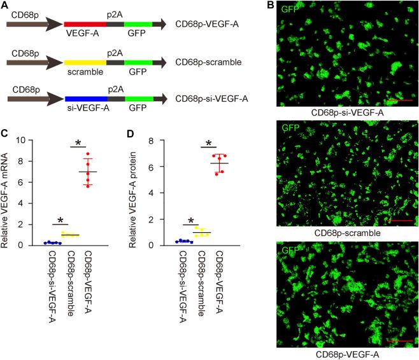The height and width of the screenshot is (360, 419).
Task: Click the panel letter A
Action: pos(6,6)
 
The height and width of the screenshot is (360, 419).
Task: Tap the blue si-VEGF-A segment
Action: pos(85,99)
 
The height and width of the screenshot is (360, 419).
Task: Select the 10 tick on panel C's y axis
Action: pos(23,140)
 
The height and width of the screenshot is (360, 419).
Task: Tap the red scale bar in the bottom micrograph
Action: pos(397,341)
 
